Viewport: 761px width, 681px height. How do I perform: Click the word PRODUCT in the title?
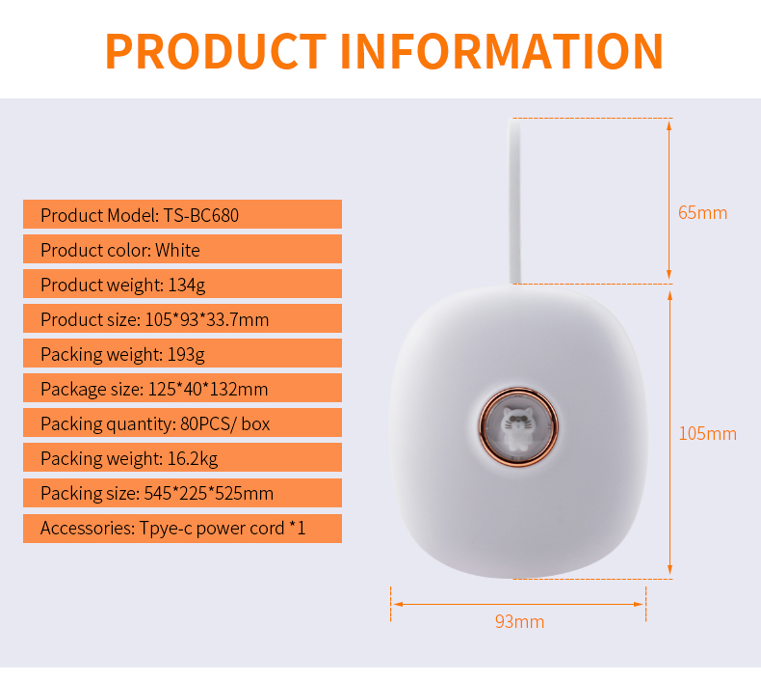click(x=216, y=51)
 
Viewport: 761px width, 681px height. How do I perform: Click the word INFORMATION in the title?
click(x=501, y=51)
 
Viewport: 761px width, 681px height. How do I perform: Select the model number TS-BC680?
click(x=201, y=215)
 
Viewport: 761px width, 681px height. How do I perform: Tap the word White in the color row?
click(x=177, y=251)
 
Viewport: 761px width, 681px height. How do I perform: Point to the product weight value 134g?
click(x=186, y=286)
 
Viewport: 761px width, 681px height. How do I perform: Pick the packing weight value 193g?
click(x=186, y=355)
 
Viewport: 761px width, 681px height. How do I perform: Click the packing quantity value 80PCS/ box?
click(x=225, y=424)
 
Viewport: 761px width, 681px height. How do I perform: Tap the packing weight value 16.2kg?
click(x=193, y=459)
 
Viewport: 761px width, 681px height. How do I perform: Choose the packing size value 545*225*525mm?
click(x=209, y=494)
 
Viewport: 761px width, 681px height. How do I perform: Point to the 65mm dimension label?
click(x=703, y=213)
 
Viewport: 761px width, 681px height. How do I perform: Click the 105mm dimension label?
click(x=708, y=434)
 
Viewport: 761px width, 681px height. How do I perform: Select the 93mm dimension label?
click(x=520, y=622)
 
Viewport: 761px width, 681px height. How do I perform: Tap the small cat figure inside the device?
click(x=518, y=426)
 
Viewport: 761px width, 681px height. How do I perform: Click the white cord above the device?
click(x=514, y=201)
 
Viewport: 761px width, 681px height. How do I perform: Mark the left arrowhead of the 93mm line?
click(x=398, y=604)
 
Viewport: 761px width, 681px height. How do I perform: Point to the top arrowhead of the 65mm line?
click(x=669, y=125)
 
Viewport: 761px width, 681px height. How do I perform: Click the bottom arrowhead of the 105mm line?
click(x=669, y=571)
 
